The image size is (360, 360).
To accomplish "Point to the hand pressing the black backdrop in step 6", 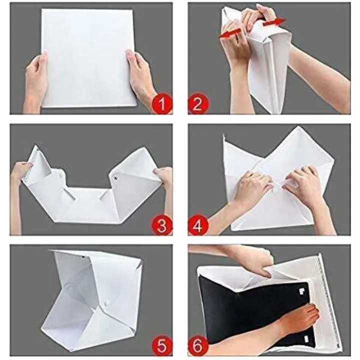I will click(295, 320).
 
